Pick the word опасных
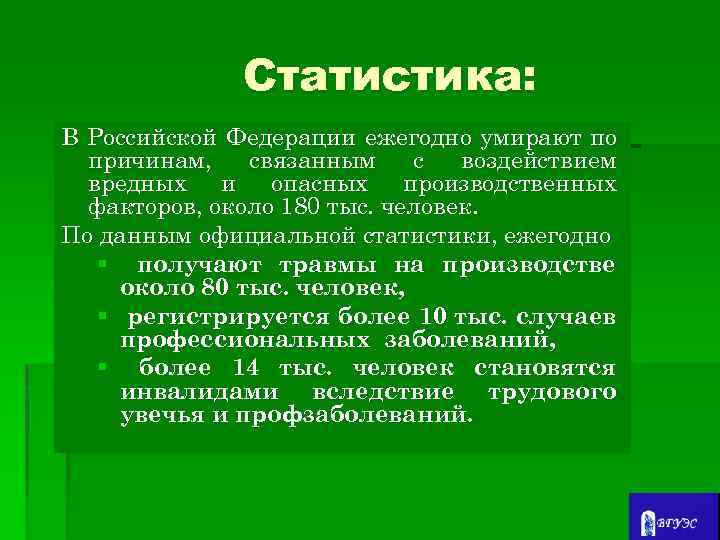pos(318,186)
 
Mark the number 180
pos(298,210)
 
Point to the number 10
pos(432,317)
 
